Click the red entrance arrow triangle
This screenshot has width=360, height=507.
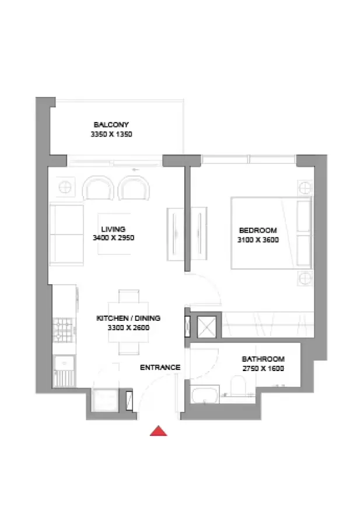pyautogui.click(x=159, y=431)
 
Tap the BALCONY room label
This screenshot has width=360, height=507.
pyautogui.click(x=111, y=124)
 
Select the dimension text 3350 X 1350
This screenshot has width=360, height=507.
pyautogui.click(x=111, y=134)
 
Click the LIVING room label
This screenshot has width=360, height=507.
pyautogui.click(x=113, y=229)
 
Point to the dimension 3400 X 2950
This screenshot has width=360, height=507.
pyautogui.click(x=114, y=238)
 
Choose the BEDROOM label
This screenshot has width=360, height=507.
pyautogui.click(x=258, y=230)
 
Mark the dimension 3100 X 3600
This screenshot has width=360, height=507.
pyautogui.click(x=258, y=240)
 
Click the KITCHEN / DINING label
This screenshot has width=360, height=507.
pyautogui.click(x=128, y=318)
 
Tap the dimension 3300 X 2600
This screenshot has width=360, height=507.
pyautogui.click(x=128, y=327)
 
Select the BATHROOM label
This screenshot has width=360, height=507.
pyautogui.click(x=263, y=359)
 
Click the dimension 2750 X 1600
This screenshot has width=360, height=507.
pyautogui.click(x=263, y=368)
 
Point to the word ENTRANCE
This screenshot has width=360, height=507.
pyautogui.click(x=160, y=368)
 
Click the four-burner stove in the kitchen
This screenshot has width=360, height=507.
pyautogui.click(x=63, y=330)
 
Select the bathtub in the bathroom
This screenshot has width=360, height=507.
pyautogui.click(x=205, y=394)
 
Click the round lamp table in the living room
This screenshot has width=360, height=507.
pyautogui.click(x=65, y=187)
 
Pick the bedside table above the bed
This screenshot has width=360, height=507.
pyautogui.click(x=305, y=187)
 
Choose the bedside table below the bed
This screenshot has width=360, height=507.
pyautogui.click(x=305, y=278)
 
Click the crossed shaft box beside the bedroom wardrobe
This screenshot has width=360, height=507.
pyautogui.click(x=207, y=327)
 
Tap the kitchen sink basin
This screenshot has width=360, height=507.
pyautogui.click(x=64, y=363)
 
